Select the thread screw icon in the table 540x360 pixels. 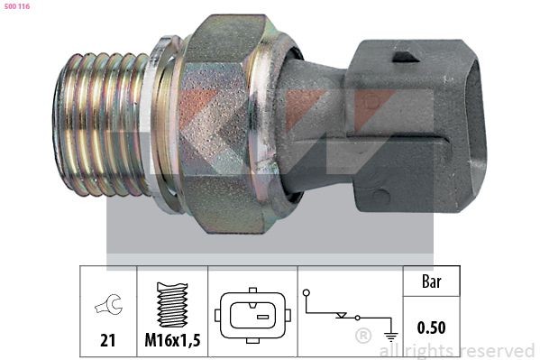click(x=171, y=302)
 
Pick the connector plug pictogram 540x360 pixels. click(x=252, y=316)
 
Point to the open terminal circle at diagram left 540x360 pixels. click(x=307, y=292)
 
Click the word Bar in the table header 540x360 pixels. click(x=433, y=281)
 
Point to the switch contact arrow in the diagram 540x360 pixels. click(x=341, y=316)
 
